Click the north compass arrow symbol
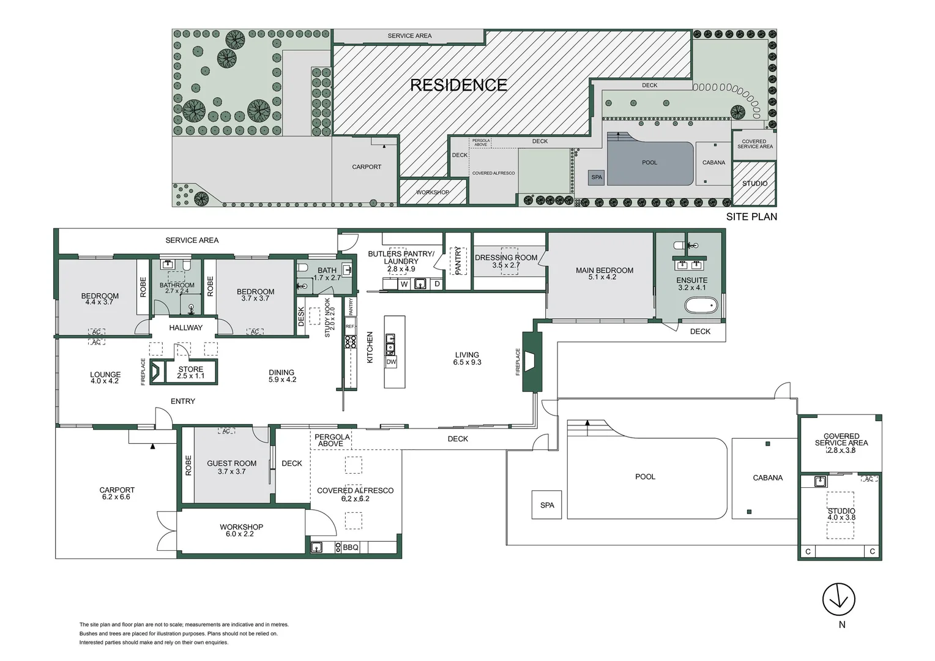pos(838,599)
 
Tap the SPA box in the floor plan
pos(547,505)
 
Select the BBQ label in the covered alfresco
pos(351,548)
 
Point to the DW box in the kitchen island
pos(391,362)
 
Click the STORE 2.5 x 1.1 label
pos(190,372)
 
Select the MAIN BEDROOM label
pos(604,273)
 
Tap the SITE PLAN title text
pos(751,217)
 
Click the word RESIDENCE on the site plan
pos(458,85)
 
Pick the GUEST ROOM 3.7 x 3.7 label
pos(231,467)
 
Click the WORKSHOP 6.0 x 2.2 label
pos(241,530)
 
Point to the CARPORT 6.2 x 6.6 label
pos(116,493)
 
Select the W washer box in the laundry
pos(404,284)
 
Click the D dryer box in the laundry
pos(437,284)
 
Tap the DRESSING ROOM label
pos(506,261)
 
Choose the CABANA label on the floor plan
pos(767,478)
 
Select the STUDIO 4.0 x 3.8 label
pos(841,514)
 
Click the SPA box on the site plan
pos(597,177)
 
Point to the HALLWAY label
pos(185,328)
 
